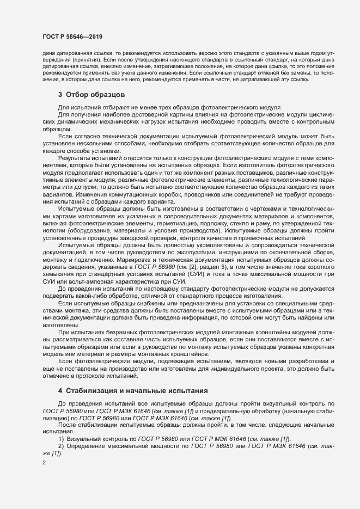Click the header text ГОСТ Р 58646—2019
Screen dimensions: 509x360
[x=72, y=36]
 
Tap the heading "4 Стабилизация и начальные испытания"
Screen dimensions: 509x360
[x=131, y=391]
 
